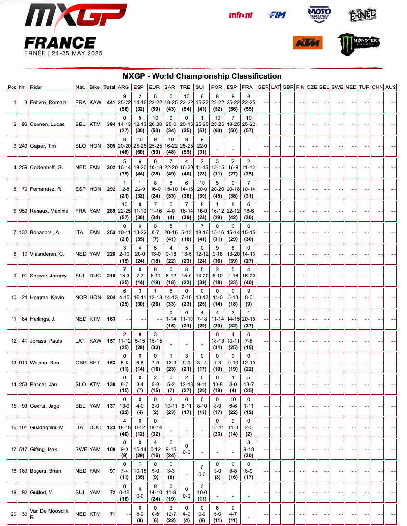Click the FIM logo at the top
tap(277, 15)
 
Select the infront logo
tap(241, 15)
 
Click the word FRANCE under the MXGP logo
tap(60, 42)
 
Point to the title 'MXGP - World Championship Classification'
tap(202, 76)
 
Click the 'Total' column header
tap(109, 87)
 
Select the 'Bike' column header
tap(95, 87)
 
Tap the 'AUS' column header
tap(390, 87)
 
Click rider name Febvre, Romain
tap(48, 103)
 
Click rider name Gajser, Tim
tap(43, 146)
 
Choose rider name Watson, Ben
tap(44, 363)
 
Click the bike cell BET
tap(95, 363)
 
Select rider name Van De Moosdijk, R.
tap(49, 514)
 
